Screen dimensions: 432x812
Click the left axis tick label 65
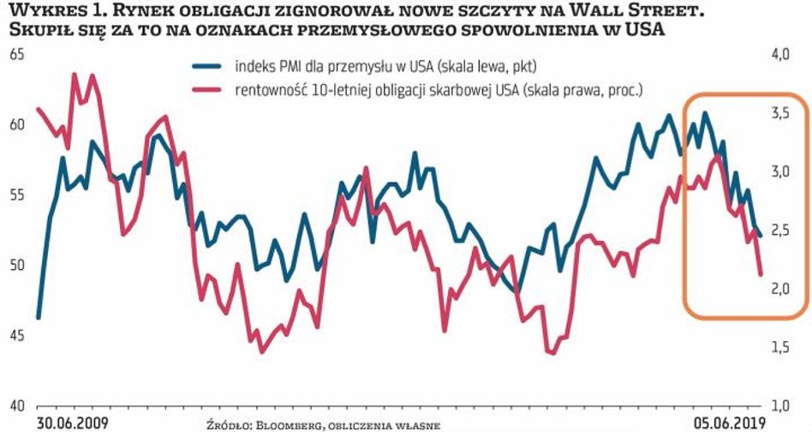(16, 56)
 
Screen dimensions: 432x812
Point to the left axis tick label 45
(16, 334)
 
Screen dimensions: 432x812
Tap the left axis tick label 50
(16, 265)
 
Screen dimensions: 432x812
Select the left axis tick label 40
(16, 405)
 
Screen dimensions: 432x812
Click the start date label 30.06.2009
(73, 423)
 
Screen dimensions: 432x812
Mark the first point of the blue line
(39, 317)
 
